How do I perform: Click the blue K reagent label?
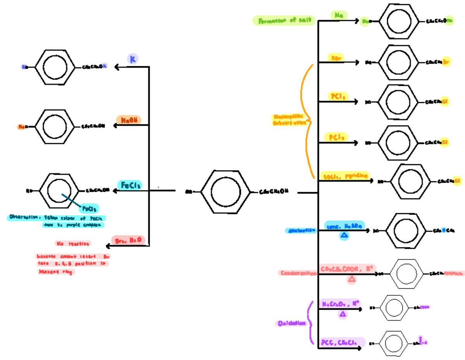pos(133,59)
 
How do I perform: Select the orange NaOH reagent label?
pos(129,120)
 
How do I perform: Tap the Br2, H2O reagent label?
pos(128,240)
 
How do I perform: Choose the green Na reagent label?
pos(339,15)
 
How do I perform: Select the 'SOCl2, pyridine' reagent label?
pos(344,176)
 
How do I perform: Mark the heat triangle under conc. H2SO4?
pos(344,235)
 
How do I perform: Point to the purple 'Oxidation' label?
pos(291,323)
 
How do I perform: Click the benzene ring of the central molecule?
pos(223,191)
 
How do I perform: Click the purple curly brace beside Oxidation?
pos(310,322)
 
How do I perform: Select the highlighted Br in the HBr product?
pos(446,62)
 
